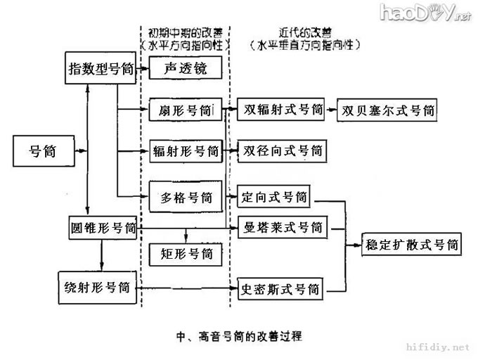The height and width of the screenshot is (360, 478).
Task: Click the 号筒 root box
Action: coord(42,150)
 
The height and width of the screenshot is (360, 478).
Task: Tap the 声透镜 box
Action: coord(186,68)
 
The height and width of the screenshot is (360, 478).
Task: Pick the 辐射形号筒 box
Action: coord(186,150)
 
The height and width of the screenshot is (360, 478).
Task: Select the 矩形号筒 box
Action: coord(186,251)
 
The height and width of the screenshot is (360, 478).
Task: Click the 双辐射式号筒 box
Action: coord(280,110)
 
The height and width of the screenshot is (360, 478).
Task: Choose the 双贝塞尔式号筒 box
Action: coord(387,111)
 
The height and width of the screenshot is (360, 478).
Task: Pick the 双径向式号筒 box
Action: coord(280,150)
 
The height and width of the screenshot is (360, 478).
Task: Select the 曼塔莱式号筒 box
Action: coord(280,228)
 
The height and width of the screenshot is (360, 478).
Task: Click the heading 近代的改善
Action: coord(304,32)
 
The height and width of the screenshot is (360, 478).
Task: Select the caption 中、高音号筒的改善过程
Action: coord(240,335)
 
